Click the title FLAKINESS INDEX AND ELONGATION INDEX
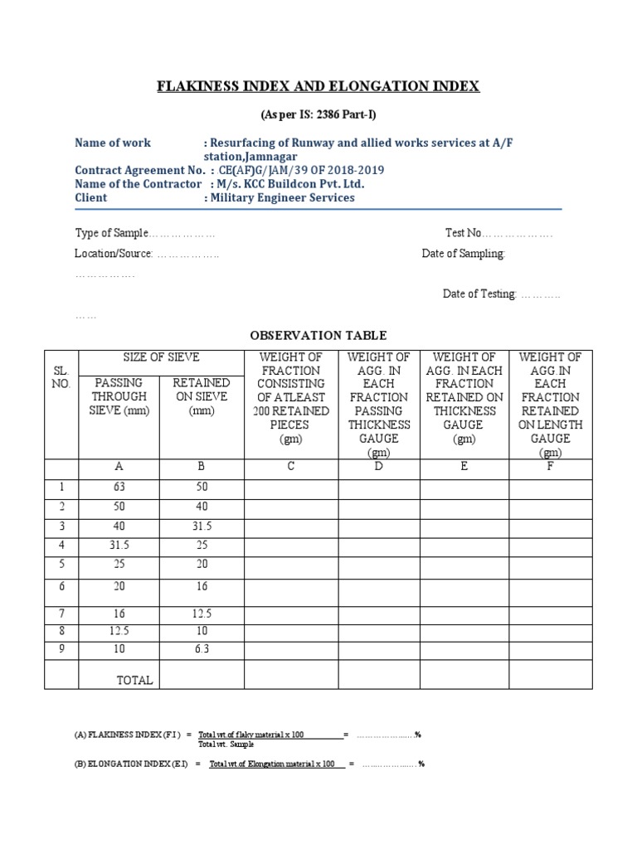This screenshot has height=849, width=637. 318,86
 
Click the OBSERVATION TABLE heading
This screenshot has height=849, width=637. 318,335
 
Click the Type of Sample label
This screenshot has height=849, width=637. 111,233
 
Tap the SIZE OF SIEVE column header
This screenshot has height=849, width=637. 161,357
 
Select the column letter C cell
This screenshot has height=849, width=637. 291,467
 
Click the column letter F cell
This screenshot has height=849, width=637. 550,467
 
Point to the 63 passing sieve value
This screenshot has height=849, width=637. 119,487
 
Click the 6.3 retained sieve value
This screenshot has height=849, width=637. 202,649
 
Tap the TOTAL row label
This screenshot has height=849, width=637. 134,680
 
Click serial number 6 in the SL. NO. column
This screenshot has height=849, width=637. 61,586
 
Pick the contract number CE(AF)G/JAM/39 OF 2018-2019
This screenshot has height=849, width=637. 301,171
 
